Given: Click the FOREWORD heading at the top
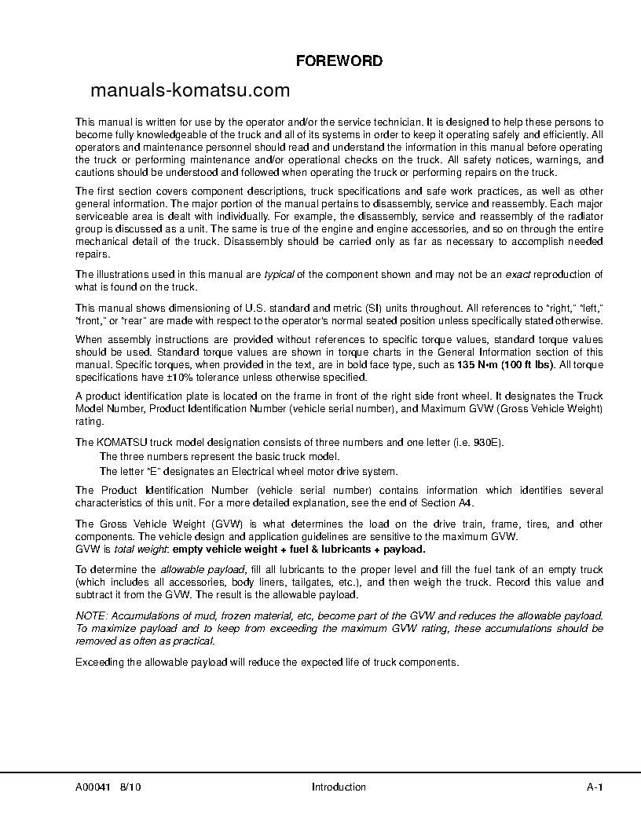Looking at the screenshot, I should [x=339, y=60].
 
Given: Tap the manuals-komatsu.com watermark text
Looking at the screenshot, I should [x=190, y=90].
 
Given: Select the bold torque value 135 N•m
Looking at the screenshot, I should [x=476, y=365].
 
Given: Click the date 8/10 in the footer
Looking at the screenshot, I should [x=131, y=787].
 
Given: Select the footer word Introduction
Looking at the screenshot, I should [x=339, y=787].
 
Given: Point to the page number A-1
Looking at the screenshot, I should [x=595, y=787].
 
